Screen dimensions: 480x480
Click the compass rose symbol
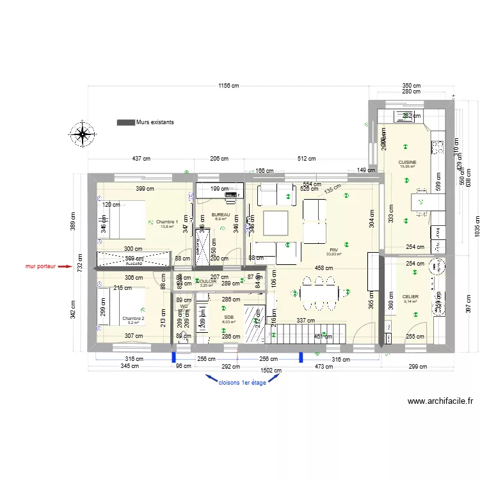[x=82, y=134]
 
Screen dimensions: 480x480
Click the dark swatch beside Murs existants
[x=125, y=122]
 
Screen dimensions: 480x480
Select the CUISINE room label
[x=407, y=163]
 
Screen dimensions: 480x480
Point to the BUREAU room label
[x=221, y=214]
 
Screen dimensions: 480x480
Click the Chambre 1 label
[x=168, y=221]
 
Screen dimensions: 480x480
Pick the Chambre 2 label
[x=133, y=318]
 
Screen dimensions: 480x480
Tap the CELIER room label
[x=410, y=297]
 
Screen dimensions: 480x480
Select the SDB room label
[x=229, y=317]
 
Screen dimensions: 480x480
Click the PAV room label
[x=333, y=250]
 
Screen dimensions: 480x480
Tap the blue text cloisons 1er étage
[x=242, y=382]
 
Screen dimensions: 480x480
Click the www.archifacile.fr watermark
[x=440, y=402]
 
